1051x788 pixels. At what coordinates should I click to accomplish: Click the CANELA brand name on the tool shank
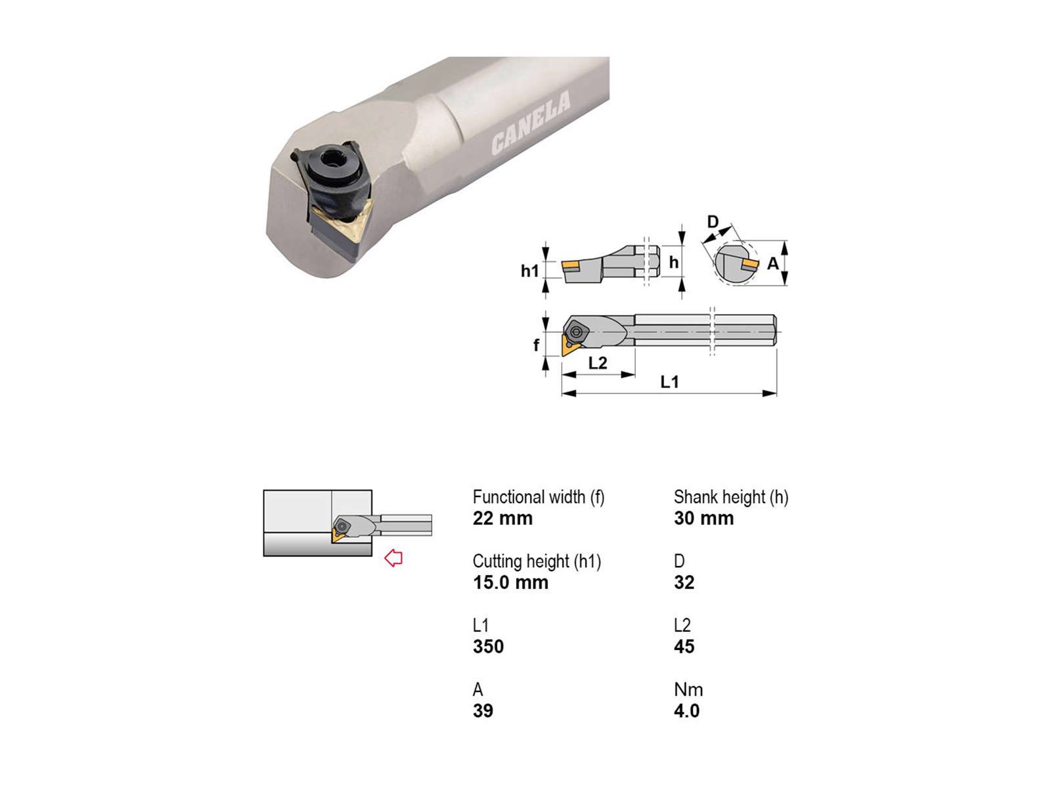pos(531,123)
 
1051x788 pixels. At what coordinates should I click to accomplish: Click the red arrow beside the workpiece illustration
pos(393,558)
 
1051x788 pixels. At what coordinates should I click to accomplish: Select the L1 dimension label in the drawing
pos(669,382)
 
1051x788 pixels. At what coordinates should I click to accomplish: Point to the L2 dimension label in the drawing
pos(597,363)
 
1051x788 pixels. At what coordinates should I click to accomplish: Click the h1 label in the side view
pos(529,271)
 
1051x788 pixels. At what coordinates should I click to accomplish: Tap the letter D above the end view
pos(713,221)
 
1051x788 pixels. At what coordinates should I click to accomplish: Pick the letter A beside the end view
pos(772,263)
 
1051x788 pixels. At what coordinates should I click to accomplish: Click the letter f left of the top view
pos(536,345)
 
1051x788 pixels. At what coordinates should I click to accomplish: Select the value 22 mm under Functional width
pos(503,518)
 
